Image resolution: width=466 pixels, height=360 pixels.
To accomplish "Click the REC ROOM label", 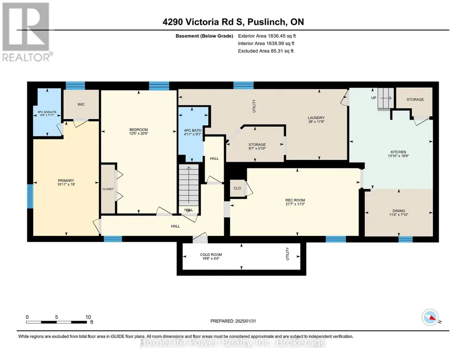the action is [295, 200].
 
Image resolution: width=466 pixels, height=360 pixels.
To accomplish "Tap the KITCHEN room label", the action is [398, 152].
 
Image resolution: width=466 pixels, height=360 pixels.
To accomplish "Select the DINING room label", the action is [399, 211].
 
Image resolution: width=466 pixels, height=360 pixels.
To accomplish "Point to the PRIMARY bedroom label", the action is [66, 180].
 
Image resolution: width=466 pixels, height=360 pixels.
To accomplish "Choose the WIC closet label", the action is [81, 104].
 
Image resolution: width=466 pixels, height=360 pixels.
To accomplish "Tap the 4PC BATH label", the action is [193, 130].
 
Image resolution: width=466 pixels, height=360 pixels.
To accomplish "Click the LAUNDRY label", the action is [316, 118].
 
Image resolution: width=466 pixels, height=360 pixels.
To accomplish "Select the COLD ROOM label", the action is [211, 255].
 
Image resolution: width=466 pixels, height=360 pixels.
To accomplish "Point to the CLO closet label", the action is [237, 188].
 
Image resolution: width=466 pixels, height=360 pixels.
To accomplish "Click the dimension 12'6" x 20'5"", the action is [139, 134].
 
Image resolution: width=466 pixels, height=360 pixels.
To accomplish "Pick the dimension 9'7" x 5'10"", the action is [257, 149].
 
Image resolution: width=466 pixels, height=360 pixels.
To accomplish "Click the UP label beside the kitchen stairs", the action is [374, 98].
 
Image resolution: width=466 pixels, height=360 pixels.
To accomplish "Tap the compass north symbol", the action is [431, 318].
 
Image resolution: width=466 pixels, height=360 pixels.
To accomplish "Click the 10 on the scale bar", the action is [88, 317].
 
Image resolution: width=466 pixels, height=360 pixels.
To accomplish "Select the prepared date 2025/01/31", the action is [246, 321].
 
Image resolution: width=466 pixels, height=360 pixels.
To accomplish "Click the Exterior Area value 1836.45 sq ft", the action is [282, 36].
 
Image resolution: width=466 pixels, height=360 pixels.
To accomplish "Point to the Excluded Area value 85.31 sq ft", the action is [282, 51].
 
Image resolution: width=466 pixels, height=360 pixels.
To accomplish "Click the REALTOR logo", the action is [26, 32].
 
